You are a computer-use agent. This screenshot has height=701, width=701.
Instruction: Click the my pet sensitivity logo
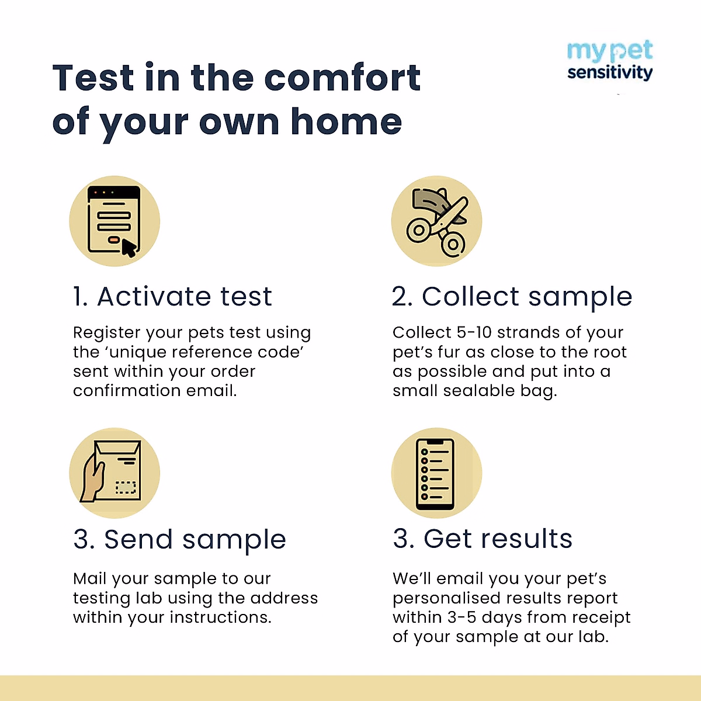click(x=609, y=61)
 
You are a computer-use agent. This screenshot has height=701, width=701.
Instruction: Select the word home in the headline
click(x=346, y=122)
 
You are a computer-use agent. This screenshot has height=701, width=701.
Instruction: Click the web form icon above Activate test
click(x=114, y=221)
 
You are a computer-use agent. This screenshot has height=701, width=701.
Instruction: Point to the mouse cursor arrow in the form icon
click(x=129, y=248)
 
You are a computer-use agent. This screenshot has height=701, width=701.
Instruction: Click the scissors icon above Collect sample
click(x=436, y=221)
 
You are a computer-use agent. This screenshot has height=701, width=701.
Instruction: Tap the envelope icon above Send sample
click(x=114, y=473)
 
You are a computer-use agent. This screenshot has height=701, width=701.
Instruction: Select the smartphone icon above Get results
click(x=436, y=473)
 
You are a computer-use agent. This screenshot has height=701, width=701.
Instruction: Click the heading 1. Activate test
click(x=173, y=297)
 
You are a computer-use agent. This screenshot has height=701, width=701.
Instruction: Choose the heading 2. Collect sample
click(x=512, y=297)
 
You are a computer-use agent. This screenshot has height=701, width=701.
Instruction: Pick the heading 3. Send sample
click(x=180, y=540)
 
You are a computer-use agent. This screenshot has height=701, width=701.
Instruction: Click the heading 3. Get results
click(x=483, y=539)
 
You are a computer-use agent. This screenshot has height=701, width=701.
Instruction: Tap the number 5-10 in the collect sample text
click(x=474, y=332)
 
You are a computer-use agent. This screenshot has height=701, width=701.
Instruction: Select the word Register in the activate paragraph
click(x=107, y=333)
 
